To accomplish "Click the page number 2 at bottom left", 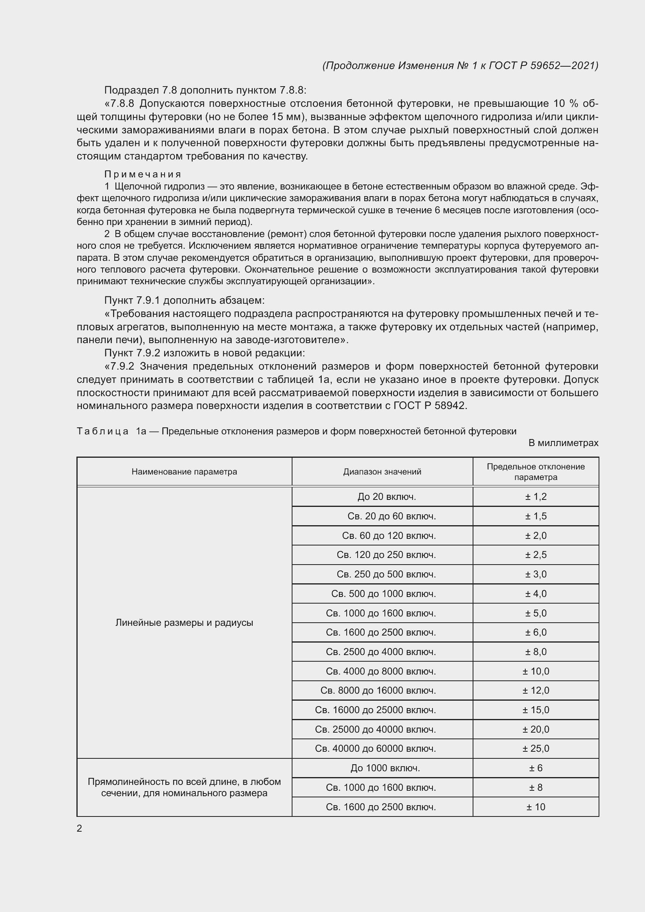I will click(x=80, y=828).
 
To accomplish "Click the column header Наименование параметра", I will click(x=184, y=471).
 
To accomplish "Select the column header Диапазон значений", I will click(x=382, y=471).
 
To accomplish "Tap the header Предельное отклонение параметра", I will click(x=535, y=471).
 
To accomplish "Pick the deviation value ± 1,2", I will click(x=535, y=496).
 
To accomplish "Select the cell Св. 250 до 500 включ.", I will click(x=386, y=574).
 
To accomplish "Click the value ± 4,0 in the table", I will click(x=535, y=594).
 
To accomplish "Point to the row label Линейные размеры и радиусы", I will click(x=184, y=622).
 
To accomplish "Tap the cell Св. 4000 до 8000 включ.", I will click(x=381, y=671).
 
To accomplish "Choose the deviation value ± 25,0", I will click(x=535, y=749).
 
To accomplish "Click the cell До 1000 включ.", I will click(x=385, y=768).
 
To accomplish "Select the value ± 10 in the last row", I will click(x=535, y=807).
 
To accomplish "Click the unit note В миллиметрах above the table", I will click(x=563, y=443).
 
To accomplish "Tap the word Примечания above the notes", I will click(x=143, y=174).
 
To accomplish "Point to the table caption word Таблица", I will click(x=103, y=431).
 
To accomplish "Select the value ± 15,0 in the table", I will click(x=535, y=710).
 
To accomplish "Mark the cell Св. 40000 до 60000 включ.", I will click(x=375, y=749).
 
